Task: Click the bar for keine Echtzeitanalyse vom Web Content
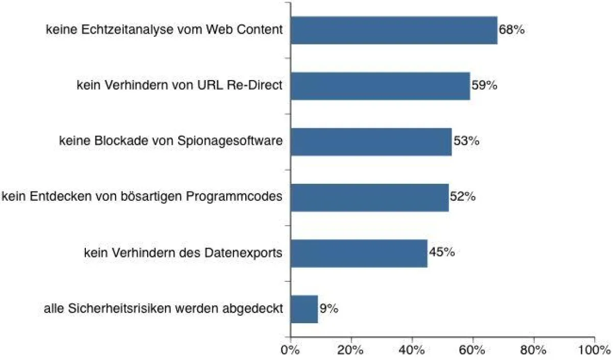pos(394,30)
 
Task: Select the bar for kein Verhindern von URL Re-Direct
pos(380,86)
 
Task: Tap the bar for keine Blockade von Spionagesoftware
pos(371,141)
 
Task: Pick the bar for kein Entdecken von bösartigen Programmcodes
pos(369,197)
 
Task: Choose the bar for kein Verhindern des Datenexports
pos(359,253)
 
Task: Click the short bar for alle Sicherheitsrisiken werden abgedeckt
pos(304,309)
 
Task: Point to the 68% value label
pos(511,30)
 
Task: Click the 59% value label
pos(484,86)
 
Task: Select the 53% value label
pos(465,141)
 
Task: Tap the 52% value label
pos(462,197)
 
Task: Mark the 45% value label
pos(441,253)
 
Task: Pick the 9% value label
pos(329,309)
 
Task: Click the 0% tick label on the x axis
pos(291,351)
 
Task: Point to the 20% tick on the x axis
pos(351,351)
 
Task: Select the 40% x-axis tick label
pos(412,351)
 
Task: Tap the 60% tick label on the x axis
pos(473,351)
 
